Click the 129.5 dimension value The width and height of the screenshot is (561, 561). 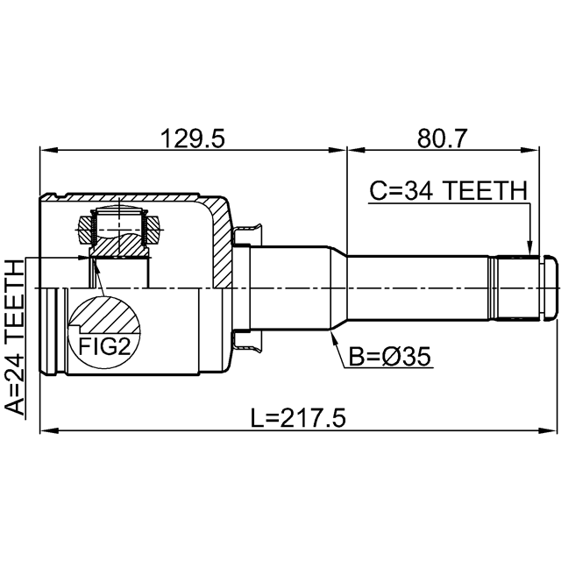[x=193, y=138]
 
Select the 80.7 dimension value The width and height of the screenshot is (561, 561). [x=442, y=138]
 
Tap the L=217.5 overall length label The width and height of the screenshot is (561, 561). [x=298, y=419]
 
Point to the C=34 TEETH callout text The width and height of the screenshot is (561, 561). [x=448, y=191]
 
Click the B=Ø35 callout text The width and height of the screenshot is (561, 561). [x=389, y=357]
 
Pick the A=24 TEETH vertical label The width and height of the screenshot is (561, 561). [x=14, y=337]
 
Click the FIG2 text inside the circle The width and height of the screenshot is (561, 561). [x=104, y=347]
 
